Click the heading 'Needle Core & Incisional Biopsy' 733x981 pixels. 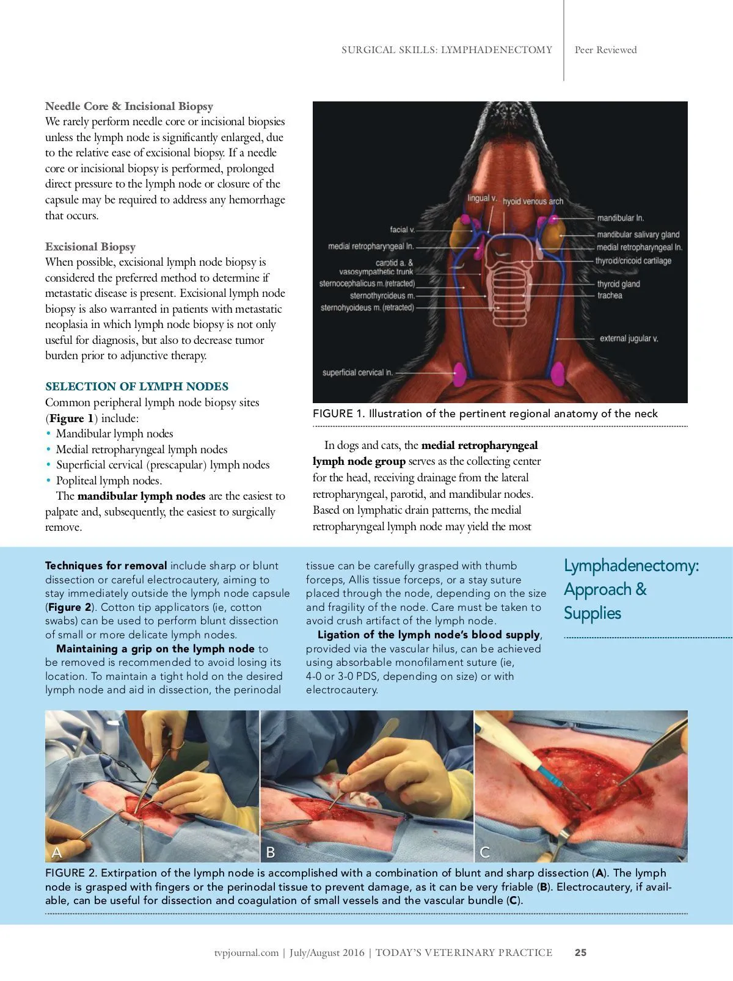tap(129, 106)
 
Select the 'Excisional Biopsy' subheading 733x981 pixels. tap(90, 247)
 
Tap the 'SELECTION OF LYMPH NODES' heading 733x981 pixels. tap(137, 387)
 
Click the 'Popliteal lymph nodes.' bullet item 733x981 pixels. tap(109, 481)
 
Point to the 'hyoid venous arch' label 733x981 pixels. tap(533, 201)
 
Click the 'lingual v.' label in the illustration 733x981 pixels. tap(482, 199)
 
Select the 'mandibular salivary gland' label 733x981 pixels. tap(638, 235)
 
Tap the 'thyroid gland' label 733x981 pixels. tap(618, 284)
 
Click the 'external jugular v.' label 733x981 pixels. tap(629, 338)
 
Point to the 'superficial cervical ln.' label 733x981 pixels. tap(357, 373)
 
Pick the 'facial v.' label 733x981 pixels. tap(403, 230)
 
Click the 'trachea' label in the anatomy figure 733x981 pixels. tap(610, 296)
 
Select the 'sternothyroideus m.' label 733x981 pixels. tap(382, 296)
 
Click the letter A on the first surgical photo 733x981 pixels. tap(57, 852)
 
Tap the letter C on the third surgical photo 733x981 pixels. tap(485, 852)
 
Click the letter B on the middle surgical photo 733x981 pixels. tap(271, 852)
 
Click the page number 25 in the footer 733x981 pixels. tap(580, 952)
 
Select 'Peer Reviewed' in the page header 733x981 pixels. tap(605, 50)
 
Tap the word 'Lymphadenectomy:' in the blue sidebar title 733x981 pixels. tap(631, 566)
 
